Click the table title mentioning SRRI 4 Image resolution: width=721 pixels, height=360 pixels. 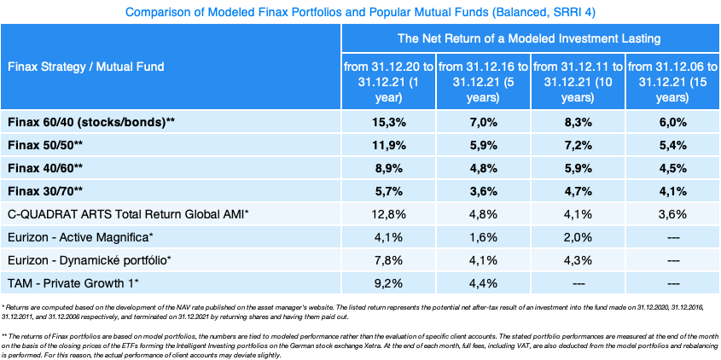[360, 13]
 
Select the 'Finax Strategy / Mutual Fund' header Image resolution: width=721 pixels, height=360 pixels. [85, 66]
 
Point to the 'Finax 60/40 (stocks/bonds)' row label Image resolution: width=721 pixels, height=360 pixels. [91, 122]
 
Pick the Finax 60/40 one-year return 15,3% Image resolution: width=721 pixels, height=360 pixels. [388, 122]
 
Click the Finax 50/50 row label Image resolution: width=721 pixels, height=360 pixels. [46, 145]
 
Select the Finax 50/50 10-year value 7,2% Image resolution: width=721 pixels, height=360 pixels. [578, 145]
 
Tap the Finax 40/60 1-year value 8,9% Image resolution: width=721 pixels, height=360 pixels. [388, 167]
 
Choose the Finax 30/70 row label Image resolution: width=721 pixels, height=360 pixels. [46, 190]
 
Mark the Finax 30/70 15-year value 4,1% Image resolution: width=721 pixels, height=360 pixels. [672, 190]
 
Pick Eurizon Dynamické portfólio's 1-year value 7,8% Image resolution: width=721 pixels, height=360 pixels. [388, 258]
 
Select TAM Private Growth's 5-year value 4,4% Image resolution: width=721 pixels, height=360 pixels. [483, 282]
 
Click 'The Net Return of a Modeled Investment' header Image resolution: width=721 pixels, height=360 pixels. [530, 38]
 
